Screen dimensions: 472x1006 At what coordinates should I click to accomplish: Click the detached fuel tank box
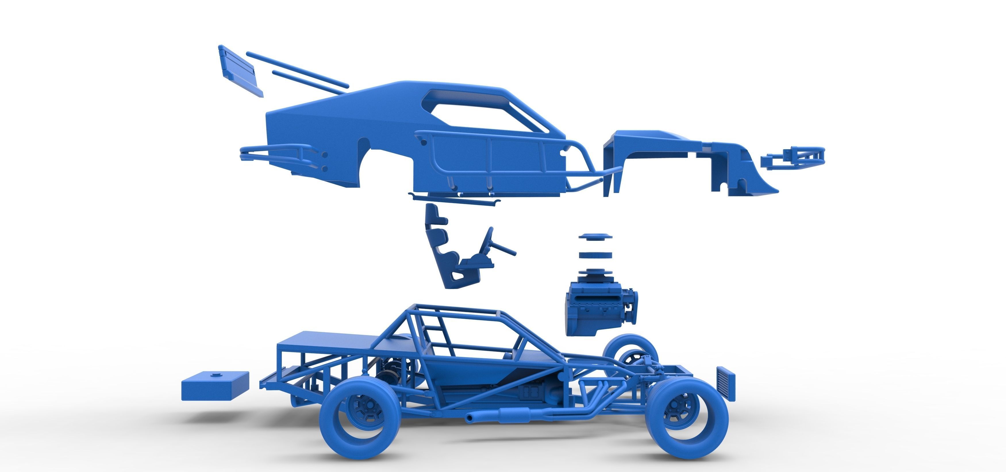pos(215,386)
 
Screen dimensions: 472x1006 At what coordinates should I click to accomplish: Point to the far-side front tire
pos(629,348)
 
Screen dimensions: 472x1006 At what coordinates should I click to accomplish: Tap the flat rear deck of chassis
pos(324,340)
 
